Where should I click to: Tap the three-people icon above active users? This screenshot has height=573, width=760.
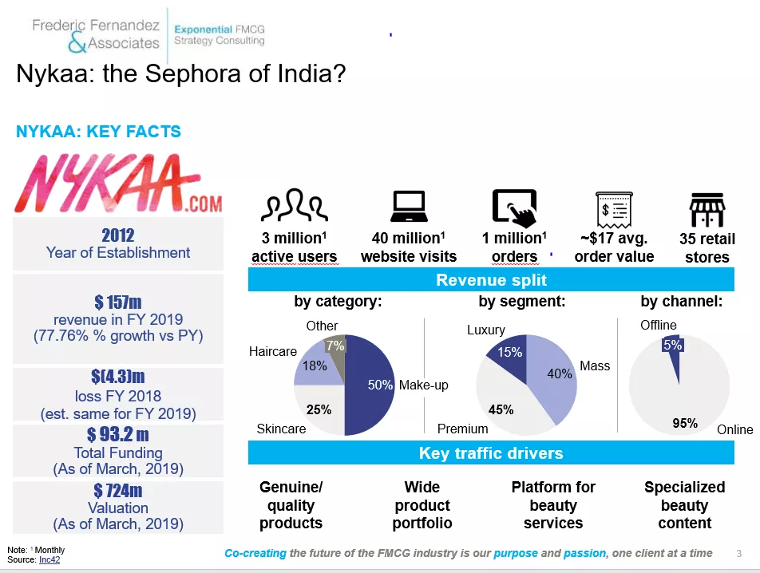pos(294,207)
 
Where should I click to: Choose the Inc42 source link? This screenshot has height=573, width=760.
pos(49,560)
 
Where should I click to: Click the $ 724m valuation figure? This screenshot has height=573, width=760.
pos(117,491)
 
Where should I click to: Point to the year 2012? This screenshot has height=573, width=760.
pos(117,235)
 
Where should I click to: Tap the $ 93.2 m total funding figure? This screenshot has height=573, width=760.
pos(117,435)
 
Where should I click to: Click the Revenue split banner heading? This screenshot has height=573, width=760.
pos(491,280)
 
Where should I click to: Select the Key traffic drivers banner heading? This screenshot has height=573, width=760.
pos(491,453)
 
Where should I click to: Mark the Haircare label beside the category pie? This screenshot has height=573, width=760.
pos(273,352)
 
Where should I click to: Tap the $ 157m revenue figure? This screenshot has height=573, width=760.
pos(117,302)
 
